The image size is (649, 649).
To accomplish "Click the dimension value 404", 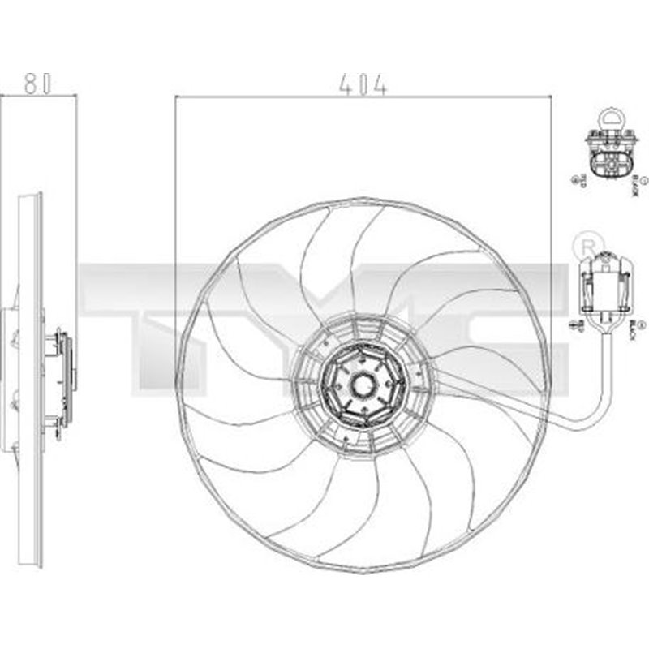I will (363, 84).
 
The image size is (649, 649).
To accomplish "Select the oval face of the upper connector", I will (608, 167).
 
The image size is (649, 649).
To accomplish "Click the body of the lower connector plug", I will (605, 284).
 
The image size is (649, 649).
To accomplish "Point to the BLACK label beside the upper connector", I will (636, 186).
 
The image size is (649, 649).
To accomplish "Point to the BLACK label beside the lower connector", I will (632, 329).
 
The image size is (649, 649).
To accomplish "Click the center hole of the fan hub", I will (362, 380).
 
